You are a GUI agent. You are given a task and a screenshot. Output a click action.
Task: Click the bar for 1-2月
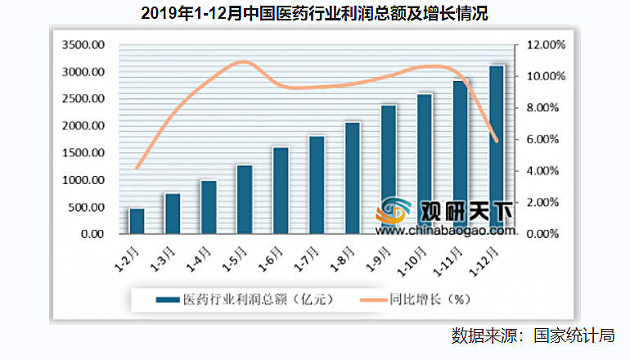137,221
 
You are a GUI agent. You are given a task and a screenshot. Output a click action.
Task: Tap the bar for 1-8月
352,178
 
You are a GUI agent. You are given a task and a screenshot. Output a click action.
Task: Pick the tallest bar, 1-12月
496,149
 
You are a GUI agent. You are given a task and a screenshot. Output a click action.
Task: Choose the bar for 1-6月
280,190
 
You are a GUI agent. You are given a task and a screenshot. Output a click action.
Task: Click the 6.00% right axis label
542,140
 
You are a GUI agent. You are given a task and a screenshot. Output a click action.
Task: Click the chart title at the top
314,14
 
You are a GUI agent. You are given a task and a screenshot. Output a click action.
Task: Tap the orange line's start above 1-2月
137,168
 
